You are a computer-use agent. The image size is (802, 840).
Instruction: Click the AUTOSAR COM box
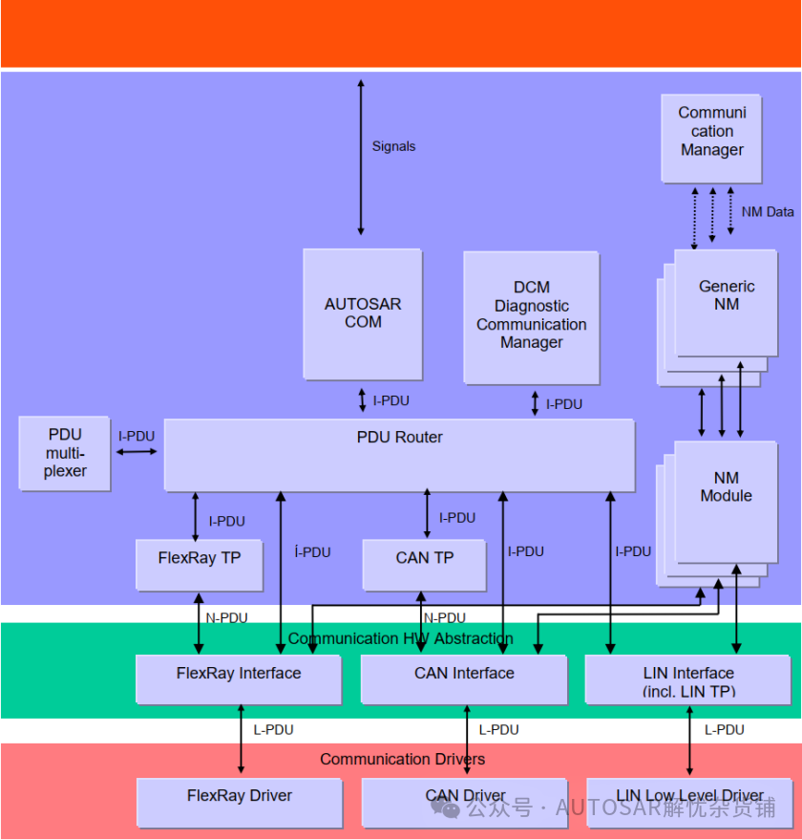click(x=363, y=314)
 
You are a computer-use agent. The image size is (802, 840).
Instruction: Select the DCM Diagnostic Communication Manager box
click(x=532, y=318)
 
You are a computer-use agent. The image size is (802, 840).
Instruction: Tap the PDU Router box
click(x=400, y=455)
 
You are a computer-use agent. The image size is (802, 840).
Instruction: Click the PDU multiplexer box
click(x=65, y=453)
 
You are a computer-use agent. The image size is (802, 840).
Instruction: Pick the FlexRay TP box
click(x=200, y=565)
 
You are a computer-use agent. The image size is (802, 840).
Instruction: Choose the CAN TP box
click(x=425, y=565)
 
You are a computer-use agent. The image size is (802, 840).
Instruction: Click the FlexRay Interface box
click(x=239, y=679)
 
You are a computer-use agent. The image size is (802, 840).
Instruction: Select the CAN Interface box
click(x=464, y=679)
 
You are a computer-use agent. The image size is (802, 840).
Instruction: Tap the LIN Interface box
click(x=688, y=679)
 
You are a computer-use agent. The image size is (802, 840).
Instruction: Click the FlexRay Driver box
click(x=240, y=803)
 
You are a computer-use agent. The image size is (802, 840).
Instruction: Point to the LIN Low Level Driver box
click(x=690, y=803)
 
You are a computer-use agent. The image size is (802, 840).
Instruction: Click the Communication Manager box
click(x=712, y=139)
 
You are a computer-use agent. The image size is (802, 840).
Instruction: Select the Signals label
click(x=393, y=146)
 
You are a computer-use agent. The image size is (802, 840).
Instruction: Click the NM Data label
click(x=768, y=212)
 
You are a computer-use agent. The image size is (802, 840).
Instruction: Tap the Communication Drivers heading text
click(x=403, y=759)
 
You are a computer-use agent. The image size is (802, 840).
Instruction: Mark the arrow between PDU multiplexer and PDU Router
click(x=137, y=452)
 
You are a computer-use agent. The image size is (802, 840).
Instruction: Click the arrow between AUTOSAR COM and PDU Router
click(x=363, y=400)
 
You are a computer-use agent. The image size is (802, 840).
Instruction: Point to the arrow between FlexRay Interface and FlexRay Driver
click(x=241, y=739)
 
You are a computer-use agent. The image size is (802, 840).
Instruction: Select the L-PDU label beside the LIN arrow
click(x=724, y=730)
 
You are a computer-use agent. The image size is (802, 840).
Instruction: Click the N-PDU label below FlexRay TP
click(x=226, y=617)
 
